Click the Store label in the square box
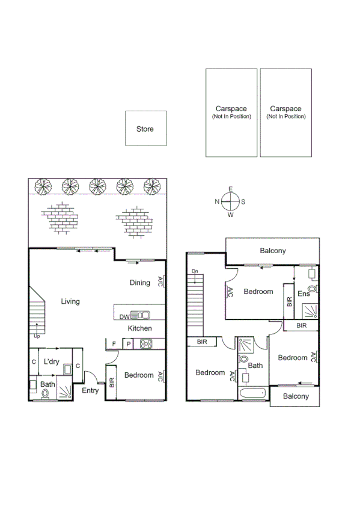(145, 129)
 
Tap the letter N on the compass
(217, 201)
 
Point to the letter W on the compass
(231, 214)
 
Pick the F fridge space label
(113, 345)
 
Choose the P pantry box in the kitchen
(128, 345)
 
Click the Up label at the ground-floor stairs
(37, 336)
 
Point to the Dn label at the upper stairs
(195, 272)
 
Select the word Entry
(90, 390)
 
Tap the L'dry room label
(51, 362)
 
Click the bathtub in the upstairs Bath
(251, 393)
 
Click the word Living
(70, 301)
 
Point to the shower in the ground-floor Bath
(64, 392)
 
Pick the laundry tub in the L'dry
(68, 369)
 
